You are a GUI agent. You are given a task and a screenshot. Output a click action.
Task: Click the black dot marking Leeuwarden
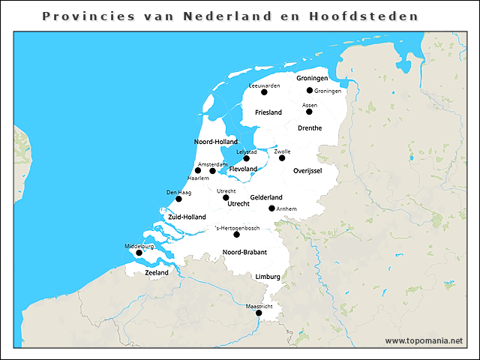264,92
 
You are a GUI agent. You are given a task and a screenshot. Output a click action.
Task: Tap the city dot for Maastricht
259,313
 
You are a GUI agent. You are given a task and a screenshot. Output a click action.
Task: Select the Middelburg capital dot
139,253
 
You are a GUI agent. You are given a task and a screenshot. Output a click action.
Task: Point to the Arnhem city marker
271,208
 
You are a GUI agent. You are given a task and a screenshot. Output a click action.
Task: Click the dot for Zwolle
282,157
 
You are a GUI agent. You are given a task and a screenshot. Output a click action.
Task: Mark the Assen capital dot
309,112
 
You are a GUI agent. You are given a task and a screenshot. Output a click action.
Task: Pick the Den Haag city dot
178,199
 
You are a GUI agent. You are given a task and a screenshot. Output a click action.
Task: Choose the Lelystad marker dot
246,158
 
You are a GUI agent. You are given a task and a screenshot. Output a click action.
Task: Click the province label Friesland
268,112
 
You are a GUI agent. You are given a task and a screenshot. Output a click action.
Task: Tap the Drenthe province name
309,128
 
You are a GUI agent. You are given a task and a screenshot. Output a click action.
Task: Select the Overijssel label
307,171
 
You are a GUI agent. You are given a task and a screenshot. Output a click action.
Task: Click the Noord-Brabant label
244,252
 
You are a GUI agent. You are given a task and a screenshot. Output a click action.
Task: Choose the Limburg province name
268,277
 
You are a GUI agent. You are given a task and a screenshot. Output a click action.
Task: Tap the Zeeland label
156,273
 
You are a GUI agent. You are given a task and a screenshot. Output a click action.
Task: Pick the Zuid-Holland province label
187,217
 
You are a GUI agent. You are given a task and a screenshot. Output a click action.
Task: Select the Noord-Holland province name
216,142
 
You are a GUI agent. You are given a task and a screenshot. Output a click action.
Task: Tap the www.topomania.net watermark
424,340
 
